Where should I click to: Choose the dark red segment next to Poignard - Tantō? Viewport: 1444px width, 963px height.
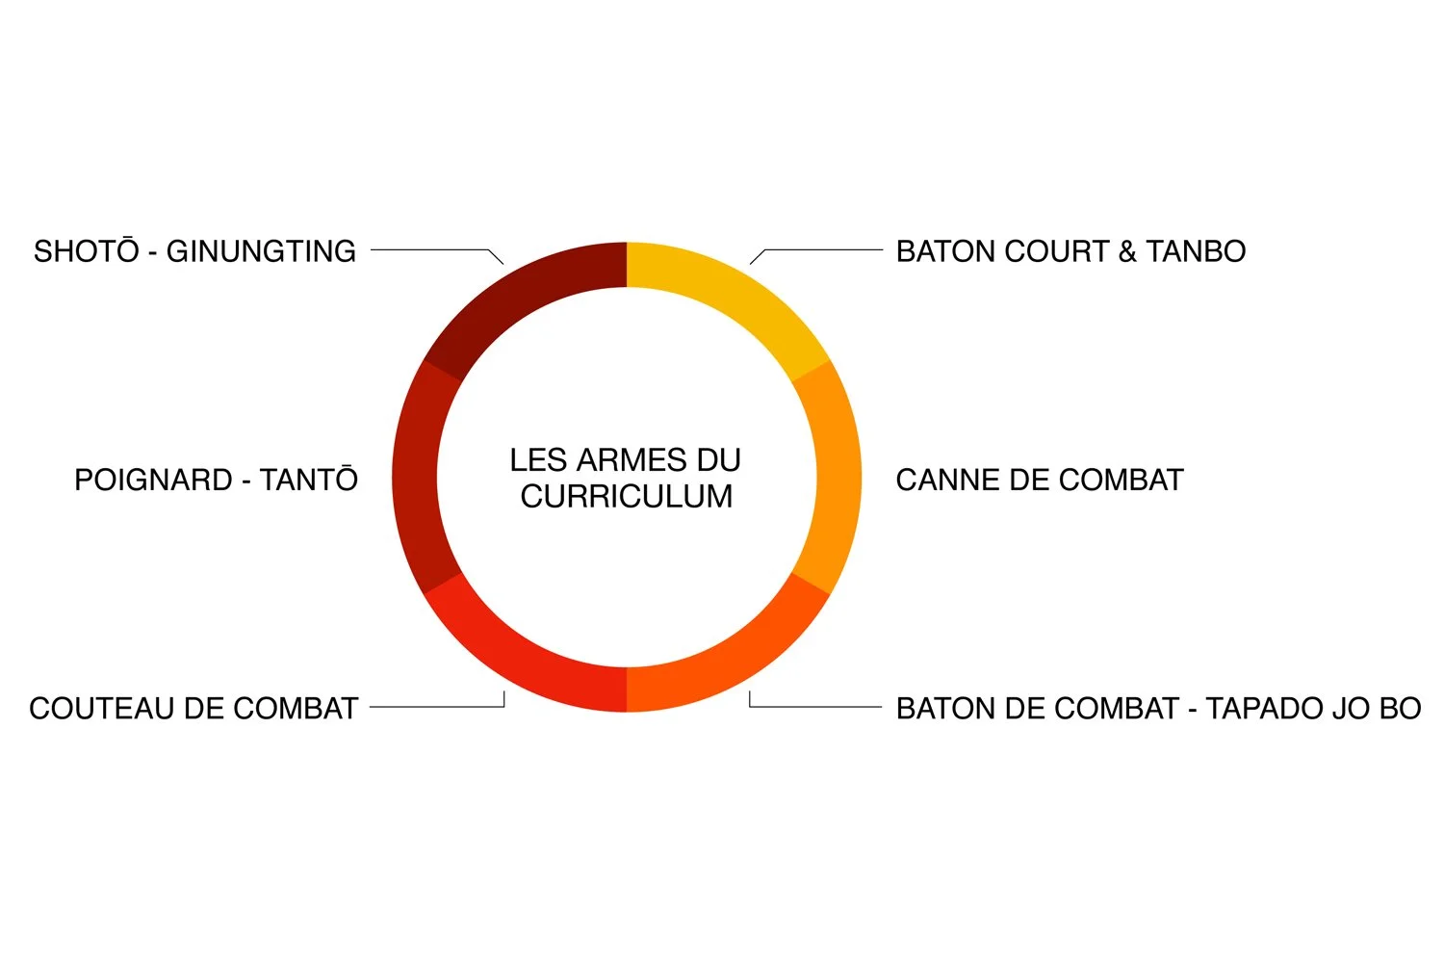pyautogui.click(x=415, y=478)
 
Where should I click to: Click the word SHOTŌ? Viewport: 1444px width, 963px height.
pyautogui.click(x=87, y=251)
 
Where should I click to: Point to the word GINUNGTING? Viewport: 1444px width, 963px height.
pyautogui.click(x=261, y=251)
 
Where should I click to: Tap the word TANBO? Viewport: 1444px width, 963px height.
pyautogui.click(x=1196, y=251)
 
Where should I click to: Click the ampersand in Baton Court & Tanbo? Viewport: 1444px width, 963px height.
pyautogui.click(x=1127, y=251)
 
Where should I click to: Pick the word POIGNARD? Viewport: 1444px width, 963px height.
pyautogui.click(x=154, y=480)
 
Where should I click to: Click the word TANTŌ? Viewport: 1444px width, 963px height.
pyautogui.click(x=309, y=480)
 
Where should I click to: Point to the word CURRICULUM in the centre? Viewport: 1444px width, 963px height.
pyautogui.click(x=627, y=497)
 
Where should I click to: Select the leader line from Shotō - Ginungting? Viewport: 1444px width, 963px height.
pyautogui.click(x=433, y=250)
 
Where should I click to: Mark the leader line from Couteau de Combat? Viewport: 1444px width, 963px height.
pyautogui.click(x=433, y=707)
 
